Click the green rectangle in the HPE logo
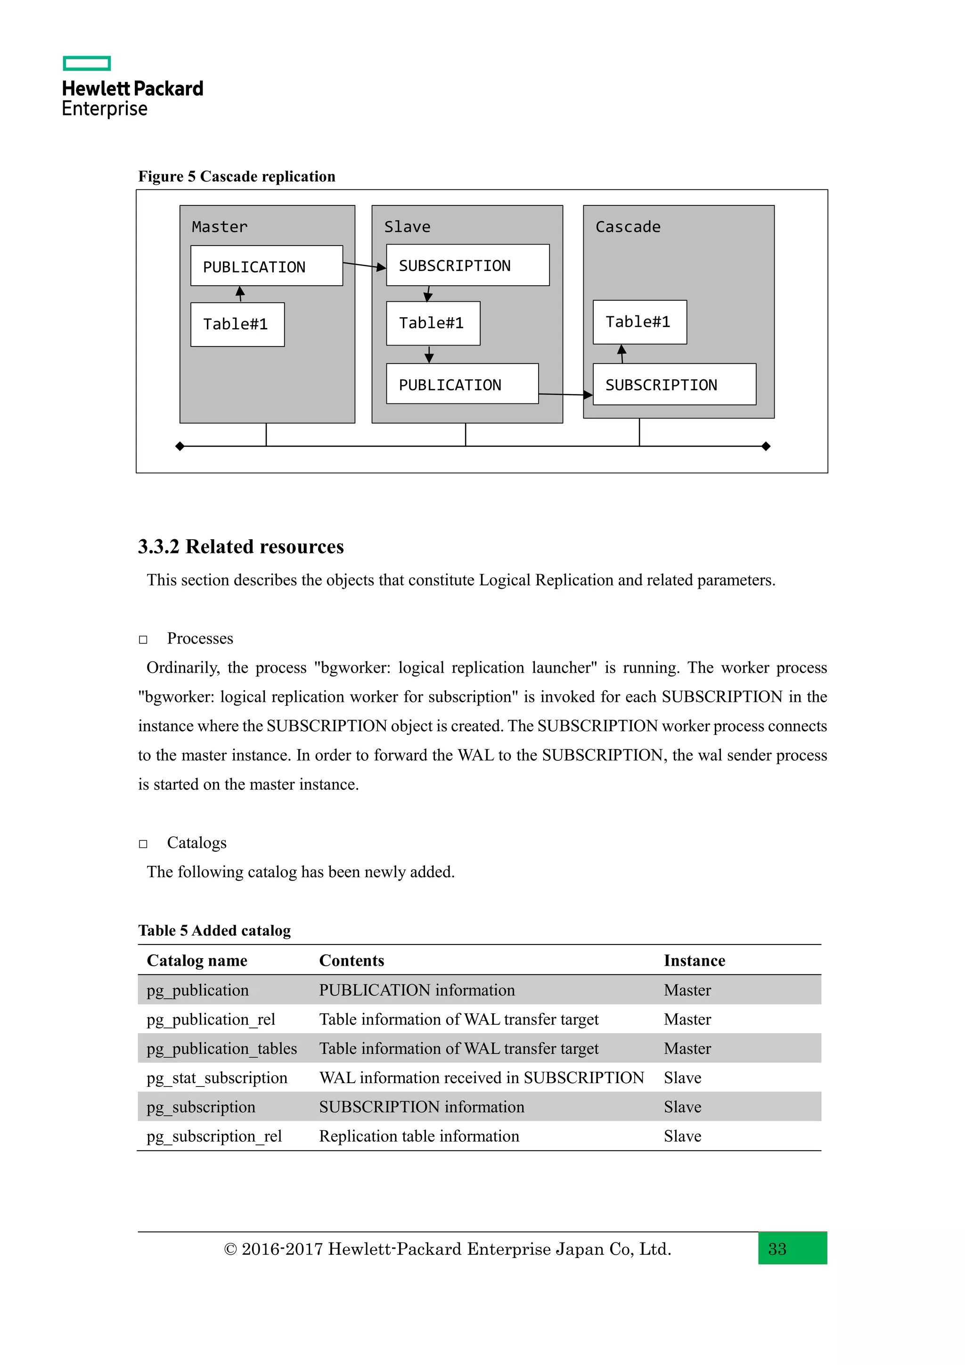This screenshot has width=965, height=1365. [x=87, y=63]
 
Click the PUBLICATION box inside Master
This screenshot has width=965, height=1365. [x=266, y=266]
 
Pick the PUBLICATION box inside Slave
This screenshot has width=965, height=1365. [x=462, y=384]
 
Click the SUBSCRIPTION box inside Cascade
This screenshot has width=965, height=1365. [x=674, y=385]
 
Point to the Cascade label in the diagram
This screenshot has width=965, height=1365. [x=628, y=227]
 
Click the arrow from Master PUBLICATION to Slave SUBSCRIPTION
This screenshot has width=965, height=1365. [x=364, y=265]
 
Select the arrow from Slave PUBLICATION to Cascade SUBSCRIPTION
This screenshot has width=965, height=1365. [x=565, y=394]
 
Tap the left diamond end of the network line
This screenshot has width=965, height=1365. [x=180, y=446]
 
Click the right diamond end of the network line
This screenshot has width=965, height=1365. [x=766, y=446]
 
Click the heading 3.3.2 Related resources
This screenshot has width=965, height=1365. [x=241, y=546]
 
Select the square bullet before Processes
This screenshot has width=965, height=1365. [x=143, y=640]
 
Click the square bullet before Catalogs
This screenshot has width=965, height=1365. [x=143, y=844]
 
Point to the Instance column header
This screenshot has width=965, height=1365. [x=694, y=961]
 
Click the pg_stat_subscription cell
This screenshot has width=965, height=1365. [x=217, y=1078]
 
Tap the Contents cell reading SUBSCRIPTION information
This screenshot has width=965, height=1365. [x=421, y=1107]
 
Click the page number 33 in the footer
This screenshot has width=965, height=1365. [x=777, y=1249]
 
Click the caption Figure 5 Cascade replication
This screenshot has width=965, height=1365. [x=237, y=177]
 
